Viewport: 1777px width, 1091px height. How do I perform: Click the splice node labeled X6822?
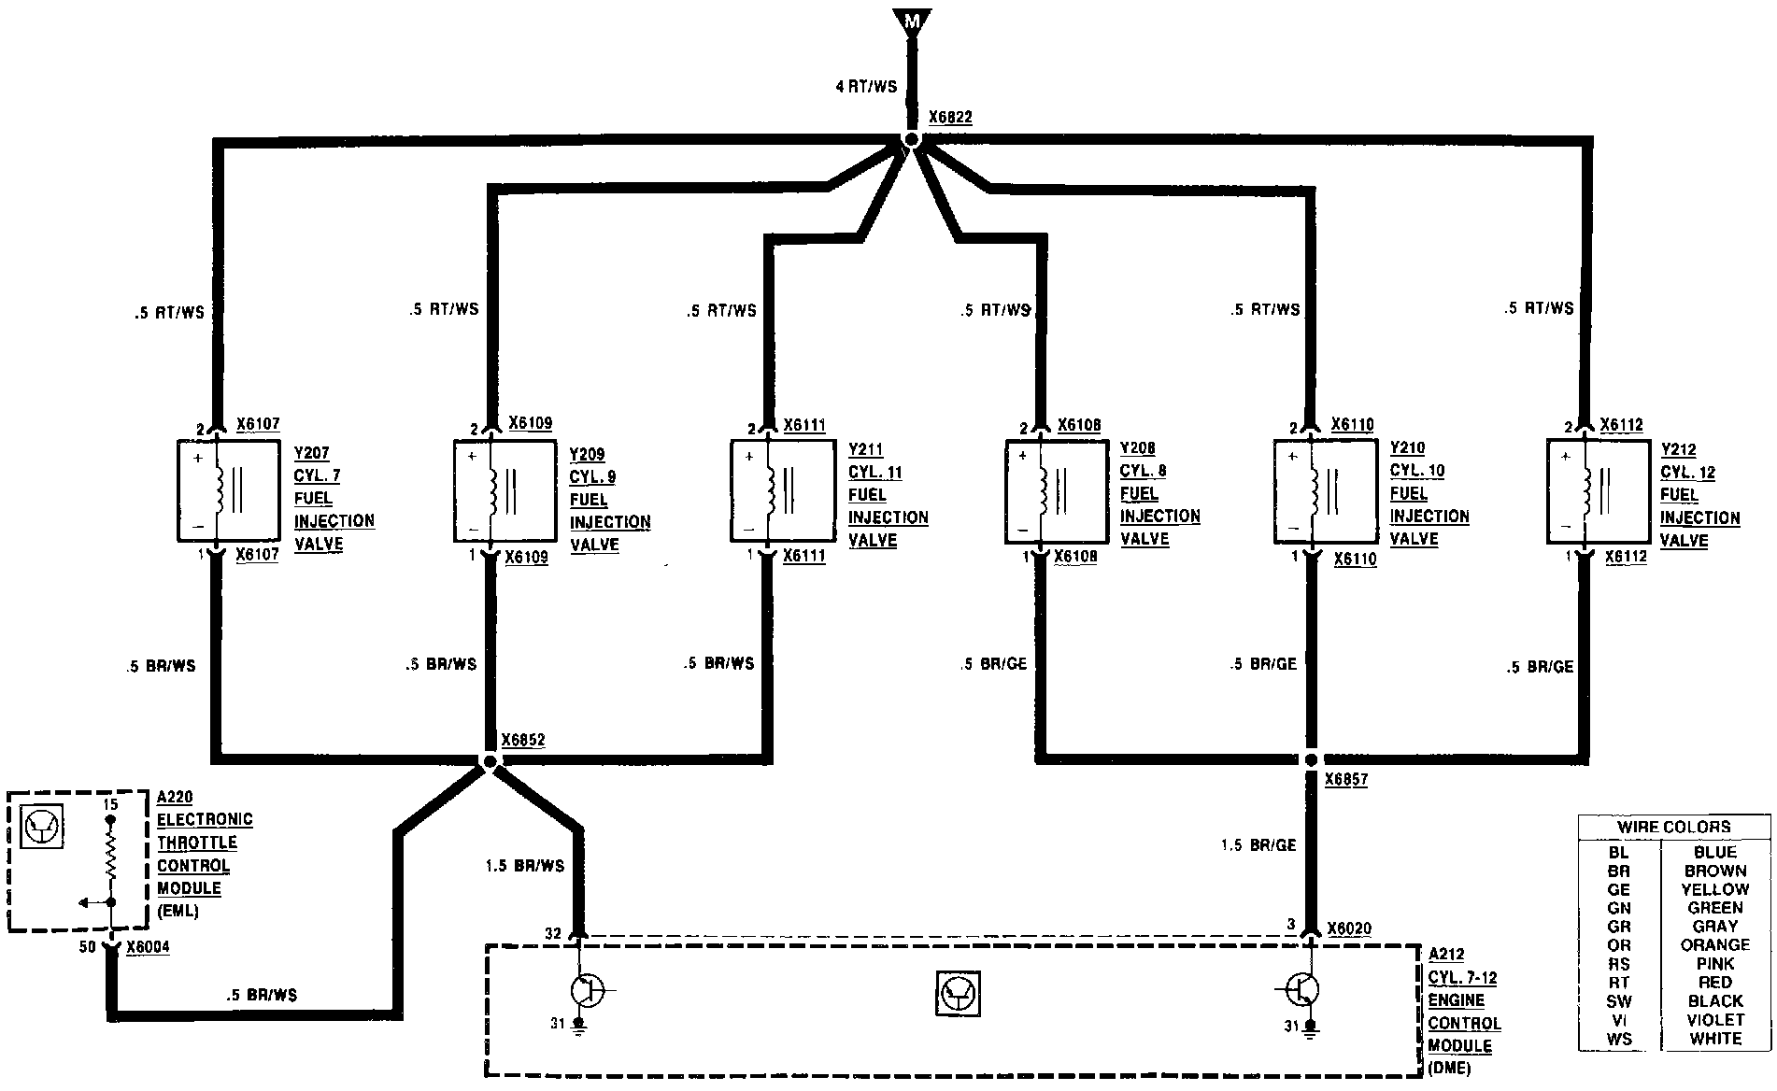point(912,140)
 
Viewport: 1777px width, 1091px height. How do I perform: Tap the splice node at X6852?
point(490,761)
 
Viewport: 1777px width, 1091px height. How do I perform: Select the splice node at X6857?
point(1311,760)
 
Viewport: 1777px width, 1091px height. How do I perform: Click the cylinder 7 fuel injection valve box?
point(228,490)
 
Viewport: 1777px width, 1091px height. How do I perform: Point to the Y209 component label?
point(587,455)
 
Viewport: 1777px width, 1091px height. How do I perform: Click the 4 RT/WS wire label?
point(866,87)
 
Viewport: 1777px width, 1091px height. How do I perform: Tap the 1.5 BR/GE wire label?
point(1258,844)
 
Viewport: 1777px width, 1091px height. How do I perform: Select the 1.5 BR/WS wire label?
point(526,866)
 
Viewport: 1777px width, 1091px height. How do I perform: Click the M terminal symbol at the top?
point(911,20)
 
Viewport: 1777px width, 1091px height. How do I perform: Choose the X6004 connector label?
point(148,946)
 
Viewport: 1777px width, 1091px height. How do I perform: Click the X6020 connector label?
point(1350,928)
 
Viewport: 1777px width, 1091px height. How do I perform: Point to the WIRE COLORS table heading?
point(1674,827)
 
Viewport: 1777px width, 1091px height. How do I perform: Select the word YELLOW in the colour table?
point(1715,889)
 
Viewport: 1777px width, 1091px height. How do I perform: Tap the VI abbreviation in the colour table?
point(1618,1019)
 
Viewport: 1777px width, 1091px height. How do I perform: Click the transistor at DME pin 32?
point(585,989)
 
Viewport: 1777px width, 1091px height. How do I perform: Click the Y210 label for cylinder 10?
point(1407,448)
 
